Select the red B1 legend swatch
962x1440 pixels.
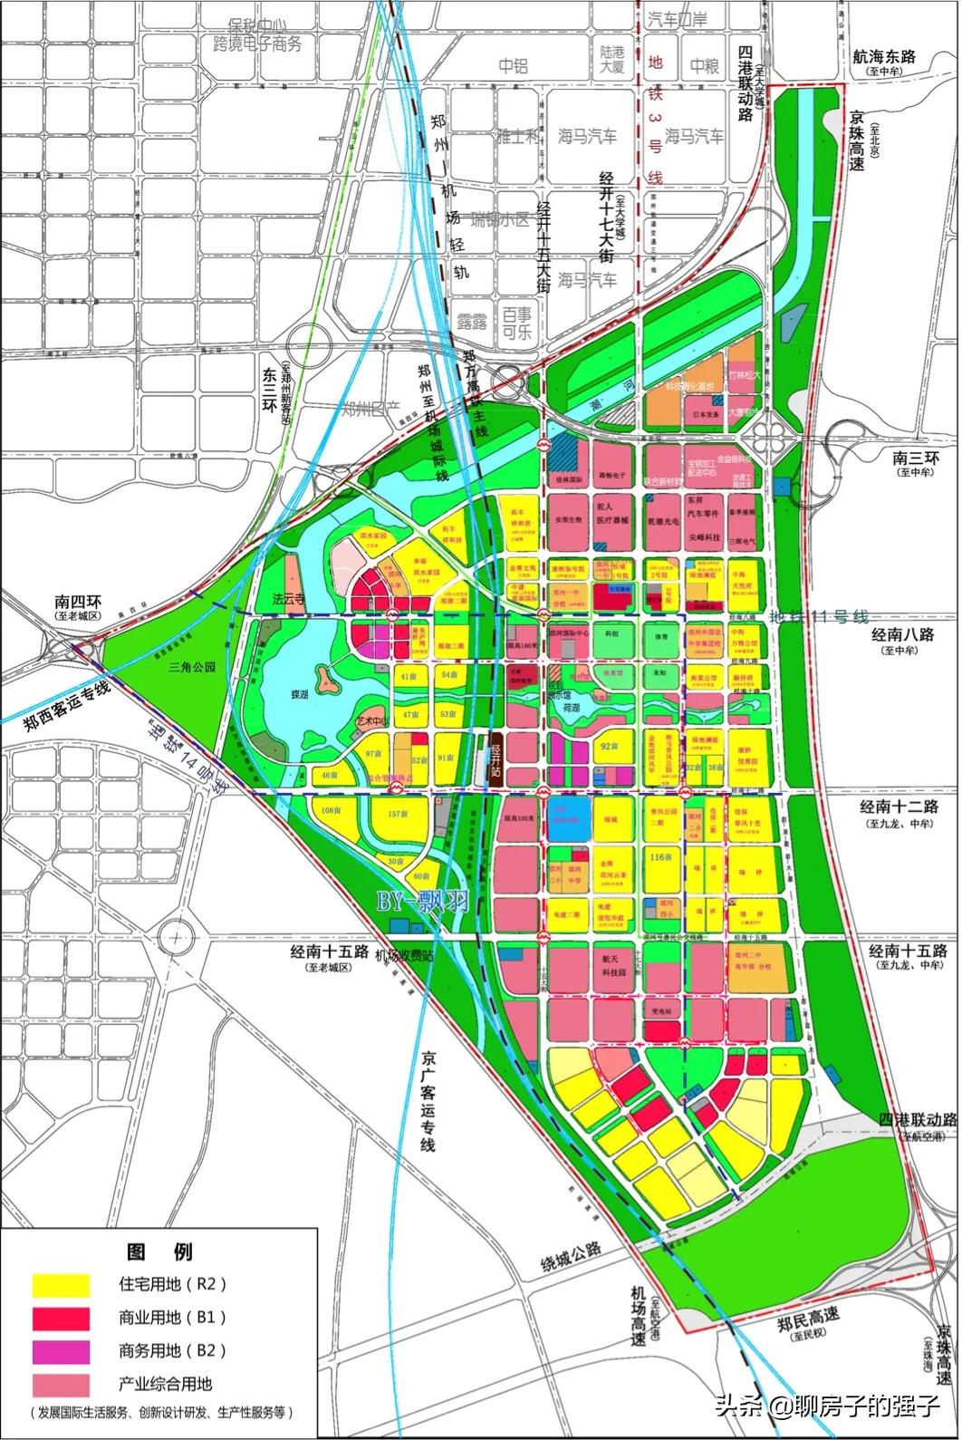pyautogui.click(x=61, y=1318)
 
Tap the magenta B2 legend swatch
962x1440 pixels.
pyautogui.click(x=61, y=1351)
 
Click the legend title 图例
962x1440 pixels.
pyautogui.click(x=159, y=1252)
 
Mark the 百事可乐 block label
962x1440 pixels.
pyautogui.click(x=517, y=323)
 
